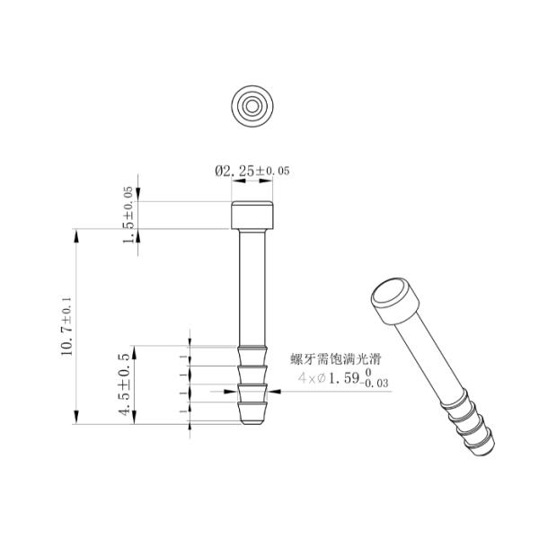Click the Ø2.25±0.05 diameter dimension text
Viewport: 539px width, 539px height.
pyautogui.click(x=252, y=170)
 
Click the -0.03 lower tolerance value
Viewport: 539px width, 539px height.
pyautogui.click(x=376, y=385)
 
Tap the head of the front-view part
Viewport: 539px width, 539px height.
pyautogui.click(x=252, y=216)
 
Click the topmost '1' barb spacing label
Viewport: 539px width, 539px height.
pyautogui.click(x=183, y=356)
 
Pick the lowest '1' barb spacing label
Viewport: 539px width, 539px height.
pyautogui.click(x=183, y=412)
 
